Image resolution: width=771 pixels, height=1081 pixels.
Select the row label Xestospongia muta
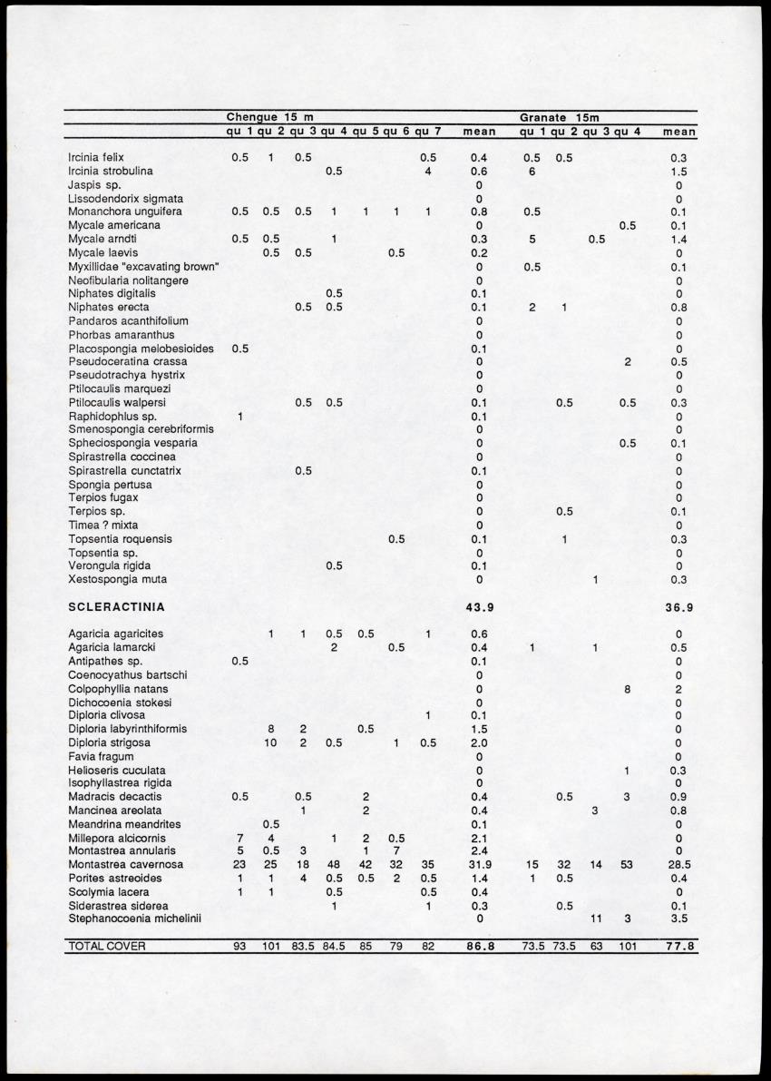(117, 579)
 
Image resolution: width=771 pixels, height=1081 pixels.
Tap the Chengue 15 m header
(269, 117)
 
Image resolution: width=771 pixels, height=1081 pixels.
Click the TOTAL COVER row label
(106, 947)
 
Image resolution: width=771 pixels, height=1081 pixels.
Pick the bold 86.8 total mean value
(479, 947)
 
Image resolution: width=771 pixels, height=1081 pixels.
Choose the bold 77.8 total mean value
(678, 947)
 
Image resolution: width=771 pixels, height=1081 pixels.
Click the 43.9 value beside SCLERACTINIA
(479, 606)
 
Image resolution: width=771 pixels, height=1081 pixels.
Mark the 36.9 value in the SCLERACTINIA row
(678, 606)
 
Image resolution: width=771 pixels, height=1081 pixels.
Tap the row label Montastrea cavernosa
(125, 865)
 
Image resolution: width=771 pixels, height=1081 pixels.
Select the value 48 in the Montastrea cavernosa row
(334, 865)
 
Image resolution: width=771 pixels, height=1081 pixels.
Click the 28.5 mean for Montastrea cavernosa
(678, 865)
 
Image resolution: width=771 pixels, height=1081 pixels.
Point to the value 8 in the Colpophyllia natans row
(627, 689)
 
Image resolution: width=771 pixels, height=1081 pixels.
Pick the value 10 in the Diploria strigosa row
(270, 743)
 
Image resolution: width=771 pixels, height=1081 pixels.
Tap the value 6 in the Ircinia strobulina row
(532, 171)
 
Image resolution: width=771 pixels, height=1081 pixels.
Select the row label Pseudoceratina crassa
(127, 361)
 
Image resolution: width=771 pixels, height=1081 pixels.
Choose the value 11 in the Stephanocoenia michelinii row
(595, 919)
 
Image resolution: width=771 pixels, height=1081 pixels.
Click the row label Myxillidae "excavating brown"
(142, 267)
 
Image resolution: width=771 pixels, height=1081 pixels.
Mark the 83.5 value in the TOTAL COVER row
(303, 947)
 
